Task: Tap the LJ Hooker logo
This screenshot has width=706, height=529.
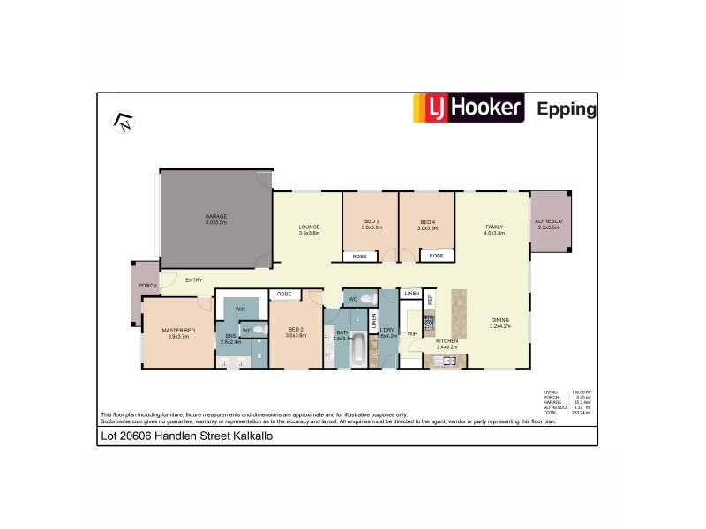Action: point(469,108)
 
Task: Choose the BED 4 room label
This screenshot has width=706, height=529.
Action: point(427,224)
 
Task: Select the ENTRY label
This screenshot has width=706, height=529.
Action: point(193,280)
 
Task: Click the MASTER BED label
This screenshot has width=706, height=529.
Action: point(177,332)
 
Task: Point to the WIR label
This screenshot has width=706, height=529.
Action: point(240,309)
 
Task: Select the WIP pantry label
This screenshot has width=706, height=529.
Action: point(411,333)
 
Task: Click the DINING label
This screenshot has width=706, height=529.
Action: point(499,323)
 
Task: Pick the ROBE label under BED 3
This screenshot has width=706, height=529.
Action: point(359,257)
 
